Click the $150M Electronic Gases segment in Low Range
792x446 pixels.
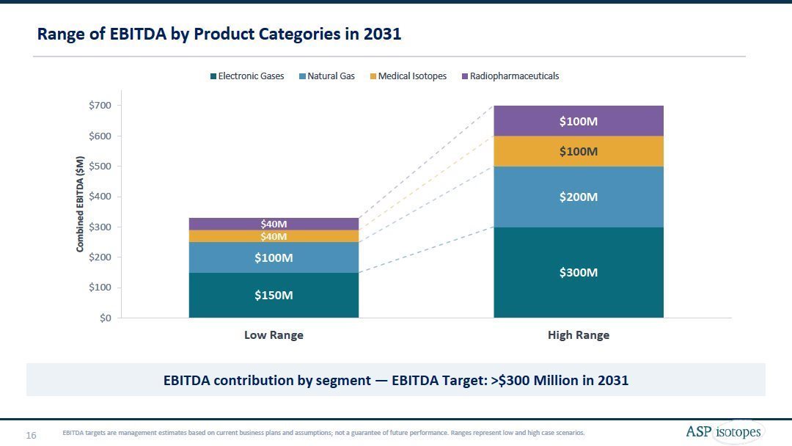click(x=274, y=295)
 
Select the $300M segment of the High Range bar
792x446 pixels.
click(x=579, y=272)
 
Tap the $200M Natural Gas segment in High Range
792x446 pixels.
click(x=579, y=197)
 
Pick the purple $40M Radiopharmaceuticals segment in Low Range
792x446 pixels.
click(x=274, y=223)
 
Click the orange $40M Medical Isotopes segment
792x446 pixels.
click(x=274, y=236)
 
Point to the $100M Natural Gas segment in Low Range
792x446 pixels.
click(x=274, y=257)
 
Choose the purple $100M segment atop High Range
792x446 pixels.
click(x=579, y=121)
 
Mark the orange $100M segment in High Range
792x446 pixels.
click(x=579, y=151)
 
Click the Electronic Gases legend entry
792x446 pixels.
click(x=247, y=76)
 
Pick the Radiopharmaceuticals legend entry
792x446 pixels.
click(x=510, y=76)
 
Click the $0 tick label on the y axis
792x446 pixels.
click(x=106, y=318)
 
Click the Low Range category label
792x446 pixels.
click(x=274, y=335)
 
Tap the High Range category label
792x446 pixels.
click(x=579, y=335)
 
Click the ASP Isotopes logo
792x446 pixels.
click(x=723, y=432)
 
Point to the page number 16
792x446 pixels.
click(x=32, y=436)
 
